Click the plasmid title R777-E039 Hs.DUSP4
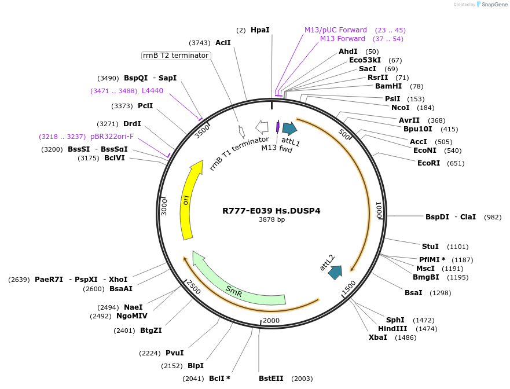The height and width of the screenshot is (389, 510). [271, 211]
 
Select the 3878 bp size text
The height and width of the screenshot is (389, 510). [271, 220]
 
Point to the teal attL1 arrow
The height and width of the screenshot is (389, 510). [289, 129]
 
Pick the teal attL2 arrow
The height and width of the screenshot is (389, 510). [335, 271]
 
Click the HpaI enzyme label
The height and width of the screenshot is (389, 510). [260, 30]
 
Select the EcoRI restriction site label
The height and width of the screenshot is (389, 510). [428, 163]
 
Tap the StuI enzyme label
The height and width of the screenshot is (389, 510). [430, 247]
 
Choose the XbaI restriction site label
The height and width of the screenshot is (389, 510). [378, 337]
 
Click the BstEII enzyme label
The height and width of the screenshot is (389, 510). [271, 379]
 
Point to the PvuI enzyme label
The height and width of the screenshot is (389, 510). [174, 353]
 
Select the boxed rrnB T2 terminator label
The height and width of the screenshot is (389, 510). [175, 56]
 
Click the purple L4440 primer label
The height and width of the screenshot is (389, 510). [152, 91]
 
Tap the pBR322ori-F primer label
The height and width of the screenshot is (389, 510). [112, 137]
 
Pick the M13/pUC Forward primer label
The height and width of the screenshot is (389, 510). [336, 30]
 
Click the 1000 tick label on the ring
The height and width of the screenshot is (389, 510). [379, 210]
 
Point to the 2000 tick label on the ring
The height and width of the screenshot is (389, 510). [271, 321]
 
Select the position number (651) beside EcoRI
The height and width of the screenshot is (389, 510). [456, 163]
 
